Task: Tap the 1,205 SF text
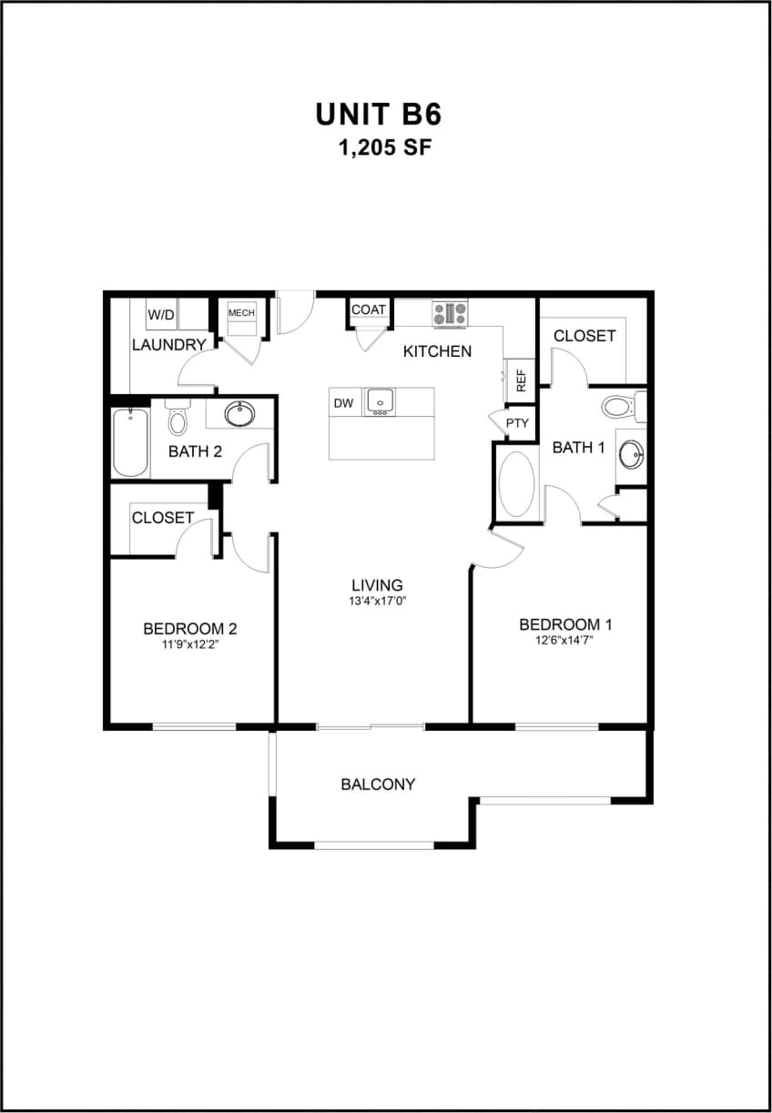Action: click(x=383, y=148)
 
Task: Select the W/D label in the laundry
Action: click(x=162, y=315)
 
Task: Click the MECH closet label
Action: click(x=241, y=313)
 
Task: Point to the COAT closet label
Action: click(x=369, y=309)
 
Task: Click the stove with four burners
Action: click(x=450, y=315)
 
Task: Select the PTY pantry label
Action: click(x=516, y=423)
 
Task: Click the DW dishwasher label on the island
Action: click(x=343, y=403)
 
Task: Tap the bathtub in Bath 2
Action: click(x=131, y=442)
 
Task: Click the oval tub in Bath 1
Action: click(x=516, y=485)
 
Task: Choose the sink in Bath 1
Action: click(x=630, y=452)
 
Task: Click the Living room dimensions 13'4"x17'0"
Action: click(x=377, y=602)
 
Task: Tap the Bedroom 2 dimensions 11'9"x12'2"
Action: click(x=190, y=644)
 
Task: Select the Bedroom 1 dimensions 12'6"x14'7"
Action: click(x=564, y=640)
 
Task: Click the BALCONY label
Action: click(x=378, y=784)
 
